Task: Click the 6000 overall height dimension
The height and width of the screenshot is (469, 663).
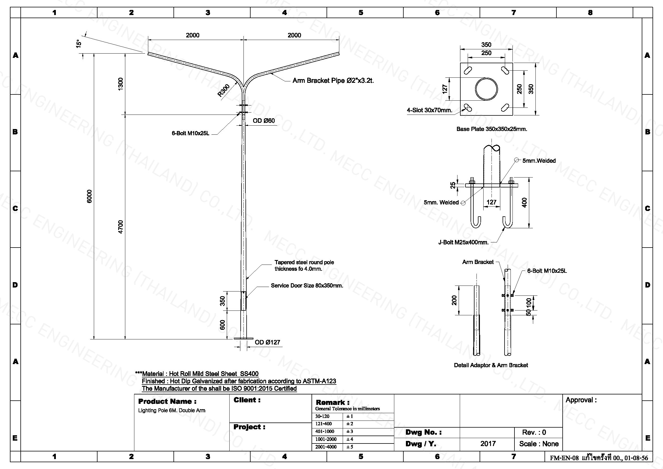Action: (90, 196)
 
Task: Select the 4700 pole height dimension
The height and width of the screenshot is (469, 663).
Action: (121, 227)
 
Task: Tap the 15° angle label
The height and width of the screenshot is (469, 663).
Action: (79, 44)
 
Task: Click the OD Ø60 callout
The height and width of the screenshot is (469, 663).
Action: (264, 121)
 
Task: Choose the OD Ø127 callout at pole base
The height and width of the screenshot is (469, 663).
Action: (267, 342)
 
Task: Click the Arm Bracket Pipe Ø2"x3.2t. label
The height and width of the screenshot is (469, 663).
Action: (333, 81)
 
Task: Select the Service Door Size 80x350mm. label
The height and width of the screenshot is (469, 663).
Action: (307, 286)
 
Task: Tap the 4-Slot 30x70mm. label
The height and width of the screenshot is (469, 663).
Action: (430, 110)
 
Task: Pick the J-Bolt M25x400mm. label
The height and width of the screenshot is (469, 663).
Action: (463, 242)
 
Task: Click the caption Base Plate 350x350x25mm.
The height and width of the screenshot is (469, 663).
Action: (492, 129)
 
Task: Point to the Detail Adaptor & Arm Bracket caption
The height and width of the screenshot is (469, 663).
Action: (491, 365)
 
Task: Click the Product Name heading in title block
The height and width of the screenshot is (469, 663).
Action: (167, 401)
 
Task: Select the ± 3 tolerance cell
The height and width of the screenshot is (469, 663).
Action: (350, 431)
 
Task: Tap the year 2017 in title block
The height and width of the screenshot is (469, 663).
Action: (488, 443)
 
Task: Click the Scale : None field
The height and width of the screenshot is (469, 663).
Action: (539, 443)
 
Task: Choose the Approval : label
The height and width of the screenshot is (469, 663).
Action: (581, 400)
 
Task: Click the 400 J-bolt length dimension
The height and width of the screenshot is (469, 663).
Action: (524, 202)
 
